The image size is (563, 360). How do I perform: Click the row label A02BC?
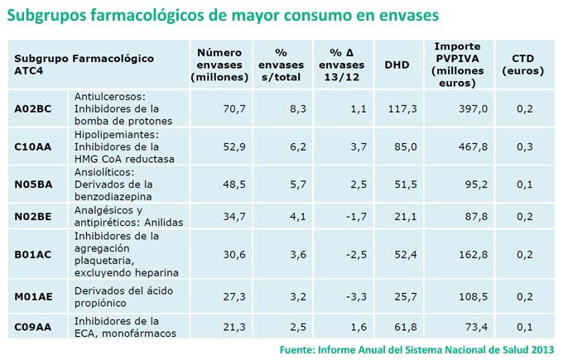(x=33, y=108)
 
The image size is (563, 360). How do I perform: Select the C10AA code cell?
(x=33, y=146)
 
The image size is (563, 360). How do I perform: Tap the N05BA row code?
(x=33, y=184)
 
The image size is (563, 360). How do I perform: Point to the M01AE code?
(x=33, y=295)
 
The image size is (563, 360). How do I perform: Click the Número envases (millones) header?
(x=219, y=65)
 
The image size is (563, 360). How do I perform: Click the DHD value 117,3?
(x=402, y=108)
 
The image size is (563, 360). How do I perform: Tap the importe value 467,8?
(x=473, y=146)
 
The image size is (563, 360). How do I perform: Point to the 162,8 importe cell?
(x=473, y=254)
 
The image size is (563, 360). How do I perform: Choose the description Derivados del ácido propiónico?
(x=128, y=295)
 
